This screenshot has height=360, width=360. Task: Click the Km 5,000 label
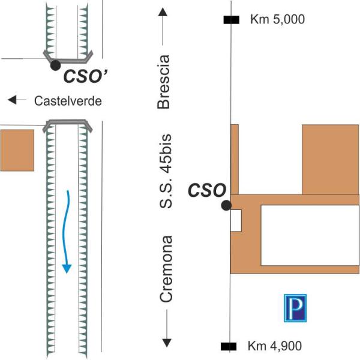(277, 20)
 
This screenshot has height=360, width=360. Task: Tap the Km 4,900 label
(274, 346)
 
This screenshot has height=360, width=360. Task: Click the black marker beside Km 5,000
(231, 20)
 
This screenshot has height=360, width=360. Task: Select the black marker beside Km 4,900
(228, 346)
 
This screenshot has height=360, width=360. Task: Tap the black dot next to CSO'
(55, 64)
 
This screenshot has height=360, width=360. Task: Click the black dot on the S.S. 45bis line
(226, 205)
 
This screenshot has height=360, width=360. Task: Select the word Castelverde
(68, 101)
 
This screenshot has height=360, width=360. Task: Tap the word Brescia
(164, 82)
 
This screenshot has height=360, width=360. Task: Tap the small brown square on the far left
(17, 150)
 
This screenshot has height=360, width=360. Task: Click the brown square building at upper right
(329, 159)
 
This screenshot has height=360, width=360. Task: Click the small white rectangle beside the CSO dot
(236, 221)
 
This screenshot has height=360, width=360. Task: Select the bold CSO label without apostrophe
(207, 191)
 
